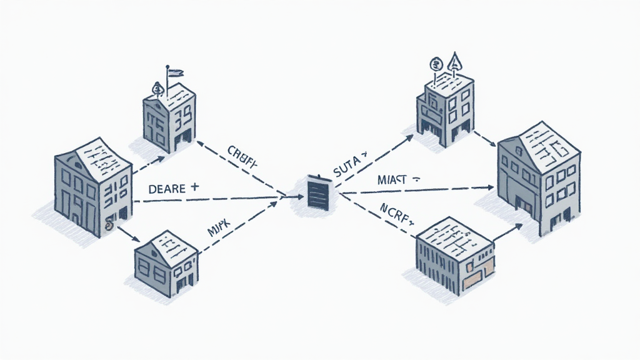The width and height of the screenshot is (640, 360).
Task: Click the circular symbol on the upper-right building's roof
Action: click(436, 63)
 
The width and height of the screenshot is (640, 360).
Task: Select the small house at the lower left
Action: click(166, 261)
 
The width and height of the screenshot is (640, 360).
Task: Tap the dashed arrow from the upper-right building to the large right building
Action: click(484, 138)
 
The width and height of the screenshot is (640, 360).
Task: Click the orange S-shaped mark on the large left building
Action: click(109, 223)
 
